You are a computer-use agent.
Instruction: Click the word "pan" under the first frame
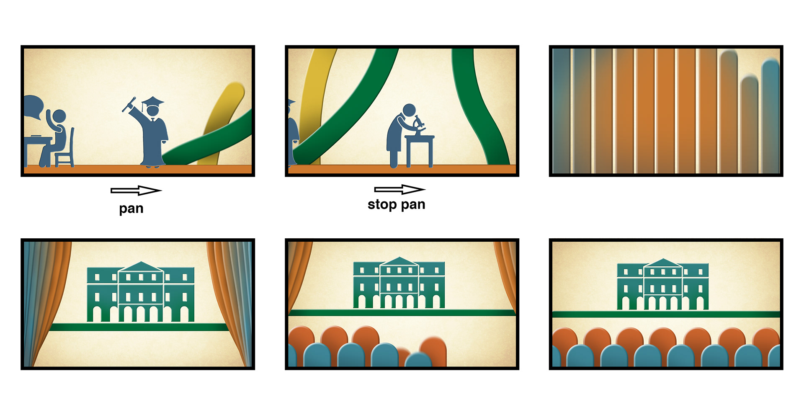[131, 209]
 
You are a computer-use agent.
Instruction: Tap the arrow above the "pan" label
[136, 191]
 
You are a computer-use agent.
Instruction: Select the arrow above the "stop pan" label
[400, 189]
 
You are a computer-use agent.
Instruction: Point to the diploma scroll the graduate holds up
[129, 105]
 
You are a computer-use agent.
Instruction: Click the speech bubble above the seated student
[33, 107]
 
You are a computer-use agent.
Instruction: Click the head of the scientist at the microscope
[409, 110]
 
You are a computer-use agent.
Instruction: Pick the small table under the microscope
[420, 150]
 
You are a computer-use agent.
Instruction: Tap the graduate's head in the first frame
[153, 111]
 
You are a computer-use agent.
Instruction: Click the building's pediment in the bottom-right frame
[663, 263]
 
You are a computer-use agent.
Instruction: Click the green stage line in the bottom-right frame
[666, 314]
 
